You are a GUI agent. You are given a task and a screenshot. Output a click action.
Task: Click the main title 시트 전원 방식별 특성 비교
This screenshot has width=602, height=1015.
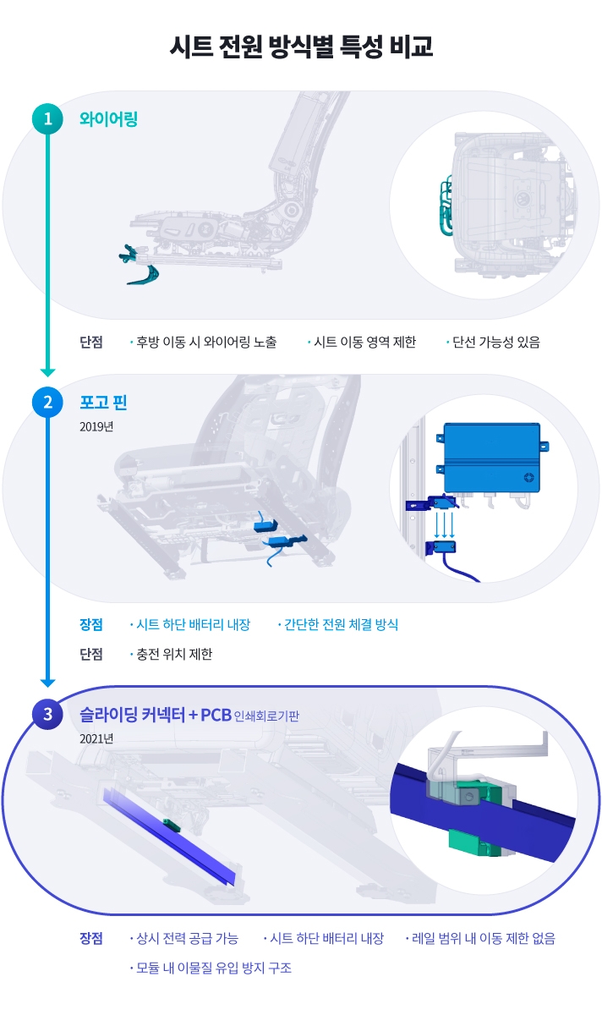point(301,47)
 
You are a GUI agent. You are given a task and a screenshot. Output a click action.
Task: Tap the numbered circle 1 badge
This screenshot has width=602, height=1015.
point(47,119)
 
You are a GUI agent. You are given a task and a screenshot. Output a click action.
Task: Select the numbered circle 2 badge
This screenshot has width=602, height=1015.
point(47,402)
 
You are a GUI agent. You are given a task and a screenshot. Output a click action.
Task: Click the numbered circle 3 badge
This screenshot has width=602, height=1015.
point(47,715)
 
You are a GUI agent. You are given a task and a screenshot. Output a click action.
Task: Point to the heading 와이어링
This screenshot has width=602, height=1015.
point(108,119)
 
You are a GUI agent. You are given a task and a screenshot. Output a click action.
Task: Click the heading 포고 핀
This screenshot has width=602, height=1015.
point(103,402)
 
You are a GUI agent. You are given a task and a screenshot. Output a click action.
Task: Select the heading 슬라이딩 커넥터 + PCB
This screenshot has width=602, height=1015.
point(155,715)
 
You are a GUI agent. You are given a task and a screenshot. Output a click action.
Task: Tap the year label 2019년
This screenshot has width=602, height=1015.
point(96,426)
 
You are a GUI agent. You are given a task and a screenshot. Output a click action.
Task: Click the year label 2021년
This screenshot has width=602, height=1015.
point(96,738)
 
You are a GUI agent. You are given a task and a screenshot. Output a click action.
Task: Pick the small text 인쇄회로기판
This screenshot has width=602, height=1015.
point(266,716)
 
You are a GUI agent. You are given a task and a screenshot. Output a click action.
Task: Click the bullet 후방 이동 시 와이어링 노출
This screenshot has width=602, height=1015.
point(205,343)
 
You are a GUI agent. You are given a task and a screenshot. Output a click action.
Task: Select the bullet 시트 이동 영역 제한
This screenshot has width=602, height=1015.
point(364,343)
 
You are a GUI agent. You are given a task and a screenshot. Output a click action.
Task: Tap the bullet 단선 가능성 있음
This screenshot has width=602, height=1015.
point(495,343)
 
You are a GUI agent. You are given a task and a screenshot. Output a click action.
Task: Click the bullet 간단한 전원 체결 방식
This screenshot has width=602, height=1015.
point(340,625)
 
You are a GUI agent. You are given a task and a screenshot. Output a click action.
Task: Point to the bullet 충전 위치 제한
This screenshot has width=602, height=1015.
point(173,654)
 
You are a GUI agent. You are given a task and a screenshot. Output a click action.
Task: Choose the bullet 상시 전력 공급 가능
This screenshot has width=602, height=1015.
point(186,938)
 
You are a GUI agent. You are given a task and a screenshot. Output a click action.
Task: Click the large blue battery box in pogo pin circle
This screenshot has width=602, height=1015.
point(491,458)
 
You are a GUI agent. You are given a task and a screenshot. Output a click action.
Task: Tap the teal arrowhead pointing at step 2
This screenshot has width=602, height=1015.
point(47,372)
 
